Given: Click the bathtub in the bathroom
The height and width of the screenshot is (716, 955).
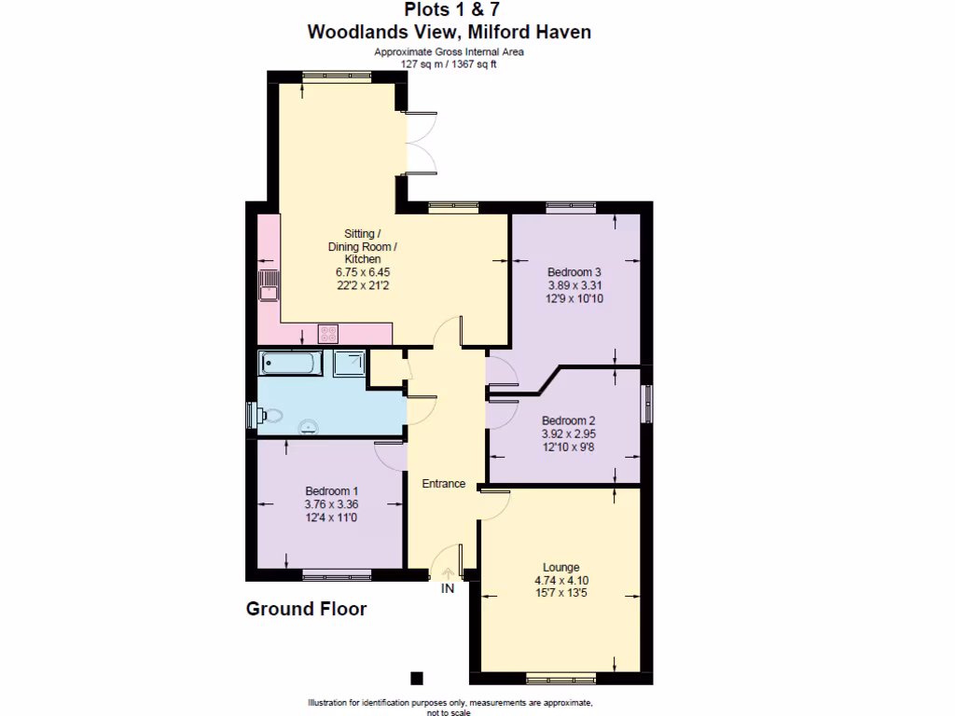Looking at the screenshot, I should coord(291,363).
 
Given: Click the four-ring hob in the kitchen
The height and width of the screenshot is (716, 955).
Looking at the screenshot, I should coord(328,333).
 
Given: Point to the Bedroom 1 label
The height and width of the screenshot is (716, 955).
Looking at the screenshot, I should coord(331,491).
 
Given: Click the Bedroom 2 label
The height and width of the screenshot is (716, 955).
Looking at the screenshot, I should coord(569,420).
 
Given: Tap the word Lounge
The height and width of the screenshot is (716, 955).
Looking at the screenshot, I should coord(561,567).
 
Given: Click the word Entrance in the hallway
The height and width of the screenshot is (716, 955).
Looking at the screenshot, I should coord(444,483).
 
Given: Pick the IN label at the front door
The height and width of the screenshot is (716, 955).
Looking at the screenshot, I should coord(448,589).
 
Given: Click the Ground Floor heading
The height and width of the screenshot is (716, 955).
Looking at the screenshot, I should coord(306,610).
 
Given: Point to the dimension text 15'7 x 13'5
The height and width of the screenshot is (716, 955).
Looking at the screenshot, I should coord(561,593).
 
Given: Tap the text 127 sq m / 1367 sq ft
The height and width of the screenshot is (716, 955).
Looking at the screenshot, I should coord(449,64).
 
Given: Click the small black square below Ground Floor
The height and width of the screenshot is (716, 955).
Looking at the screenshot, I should coord(417,678).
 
